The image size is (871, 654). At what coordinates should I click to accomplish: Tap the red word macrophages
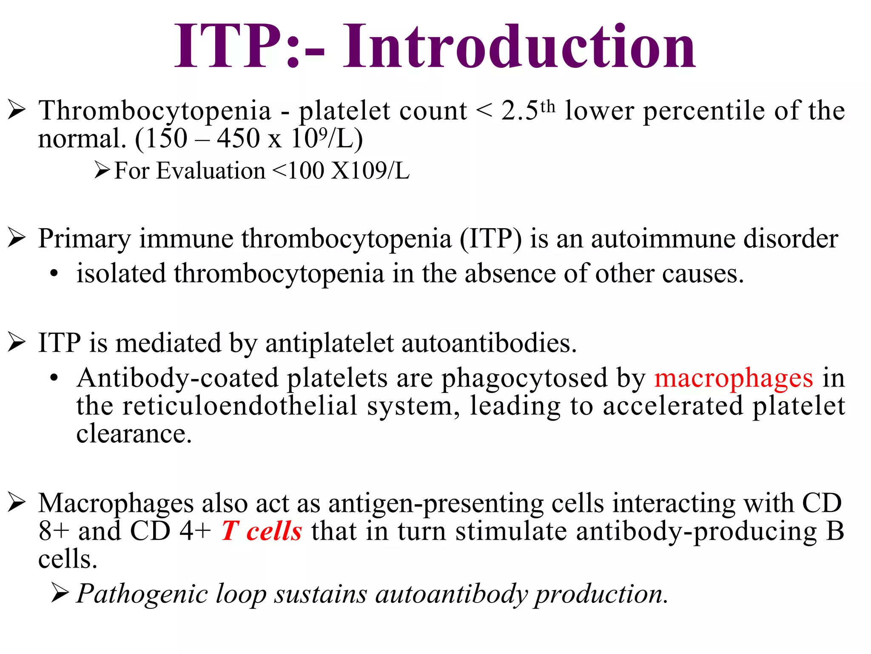734,378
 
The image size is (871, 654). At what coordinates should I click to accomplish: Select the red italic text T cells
262,531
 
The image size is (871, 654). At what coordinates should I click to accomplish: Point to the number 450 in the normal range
238,138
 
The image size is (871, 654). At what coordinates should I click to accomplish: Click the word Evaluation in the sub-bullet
211,171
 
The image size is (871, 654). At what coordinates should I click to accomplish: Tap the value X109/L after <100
370,171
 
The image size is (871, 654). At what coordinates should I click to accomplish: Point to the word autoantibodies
489,343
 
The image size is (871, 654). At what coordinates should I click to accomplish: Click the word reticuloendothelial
240,406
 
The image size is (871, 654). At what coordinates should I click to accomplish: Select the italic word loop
240,594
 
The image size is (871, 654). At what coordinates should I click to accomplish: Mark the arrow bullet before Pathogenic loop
60,594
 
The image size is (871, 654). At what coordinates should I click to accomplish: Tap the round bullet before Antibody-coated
54,378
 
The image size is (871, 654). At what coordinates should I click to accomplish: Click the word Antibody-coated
177,378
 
